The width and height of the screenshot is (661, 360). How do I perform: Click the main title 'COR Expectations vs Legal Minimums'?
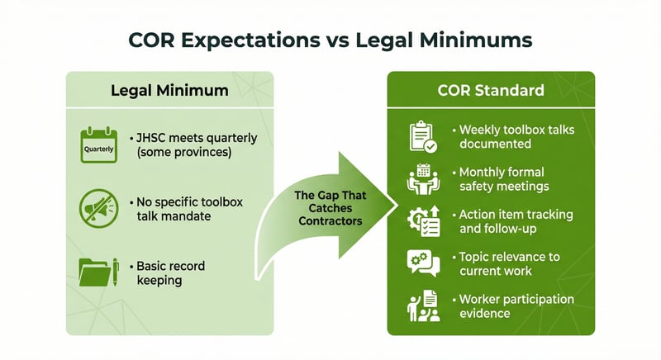click(x=330, y=39)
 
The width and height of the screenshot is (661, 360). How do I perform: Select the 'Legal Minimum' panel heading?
click(x=169, y=90)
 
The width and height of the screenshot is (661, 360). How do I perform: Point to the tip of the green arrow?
click(x=397, y=203)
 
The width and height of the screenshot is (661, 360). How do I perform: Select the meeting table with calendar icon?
click(x=423, y=180)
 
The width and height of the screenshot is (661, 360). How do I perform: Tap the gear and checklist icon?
click(x=423, y=222)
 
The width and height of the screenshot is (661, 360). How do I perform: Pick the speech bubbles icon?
click(x=423, y=263)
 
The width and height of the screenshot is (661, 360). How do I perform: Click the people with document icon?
click(x=423, y=306)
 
